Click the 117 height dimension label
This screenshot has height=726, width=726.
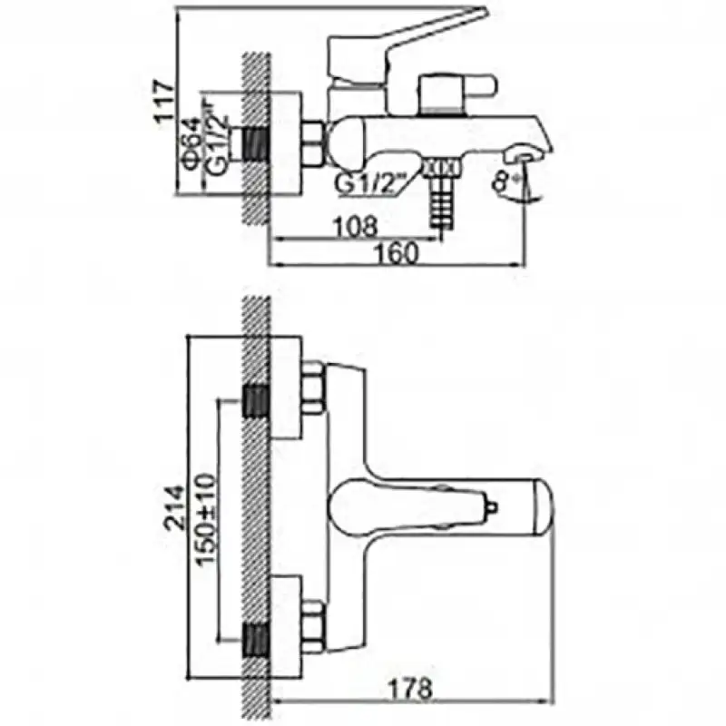pyautogui.click(x=165, y=102)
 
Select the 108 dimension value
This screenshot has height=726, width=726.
pyautogui.click(x=355, y=227)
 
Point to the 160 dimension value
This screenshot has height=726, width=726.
pyautogui.click(x=396, y=253)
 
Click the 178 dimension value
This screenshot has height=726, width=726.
pyautogui.click(x=410, y=689)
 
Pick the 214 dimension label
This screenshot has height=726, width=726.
pyautogui.click(x=175, y=507)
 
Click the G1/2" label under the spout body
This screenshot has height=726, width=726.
pyautogui.click(x=365, y=185)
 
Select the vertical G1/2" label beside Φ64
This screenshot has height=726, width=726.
pyautogui.click(x=217, y=139)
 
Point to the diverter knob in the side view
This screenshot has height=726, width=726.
pyautogui.click(x=456, y=93)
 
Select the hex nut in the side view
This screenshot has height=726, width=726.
pyautogui.click(x=312, y=143)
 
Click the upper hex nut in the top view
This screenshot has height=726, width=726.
pyautogui.click(x=313, y=388)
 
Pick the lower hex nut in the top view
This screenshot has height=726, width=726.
pyautogui.click(x=313, y=626)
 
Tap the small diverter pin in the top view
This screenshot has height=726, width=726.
pyautogui.click(x=492, y=507)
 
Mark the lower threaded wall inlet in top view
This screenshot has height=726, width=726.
pyautogui.click(x=256, y=640)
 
